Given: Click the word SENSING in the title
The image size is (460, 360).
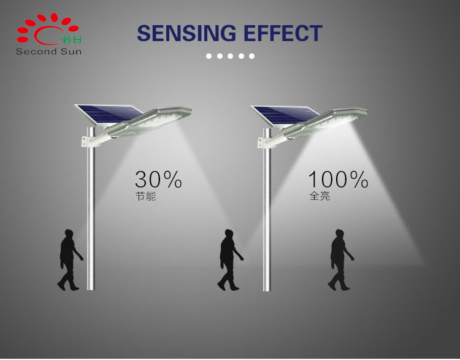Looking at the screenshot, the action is [x=186, y=33].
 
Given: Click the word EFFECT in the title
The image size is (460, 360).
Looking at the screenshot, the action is [x=283, y=33].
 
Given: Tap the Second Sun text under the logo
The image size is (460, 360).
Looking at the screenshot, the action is [x=48, y=52].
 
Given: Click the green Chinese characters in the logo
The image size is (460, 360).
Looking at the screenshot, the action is [x=72, y=39].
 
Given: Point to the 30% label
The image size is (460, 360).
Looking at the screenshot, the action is [x=158, y=179].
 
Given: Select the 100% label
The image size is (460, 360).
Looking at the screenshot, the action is [x=338, y=179].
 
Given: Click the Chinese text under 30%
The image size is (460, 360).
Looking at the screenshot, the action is [x=145, y=196].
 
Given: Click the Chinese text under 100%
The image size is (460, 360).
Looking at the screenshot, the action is [x=320, y=196].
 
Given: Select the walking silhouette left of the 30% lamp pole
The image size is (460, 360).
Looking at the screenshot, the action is [x=69, y=260].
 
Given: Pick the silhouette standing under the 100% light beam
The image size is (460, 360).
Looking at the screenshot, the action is [x=340, y=260].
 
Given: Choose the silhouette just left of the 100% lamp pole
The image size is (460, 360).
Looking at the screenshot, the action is [x=230, y=260].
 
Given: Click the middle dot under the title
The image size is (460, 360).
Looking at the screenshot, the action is [x=230, y=56].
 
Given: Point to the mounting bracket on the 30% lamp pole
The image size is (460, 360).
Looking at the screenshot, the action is [x=88, y=142].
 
